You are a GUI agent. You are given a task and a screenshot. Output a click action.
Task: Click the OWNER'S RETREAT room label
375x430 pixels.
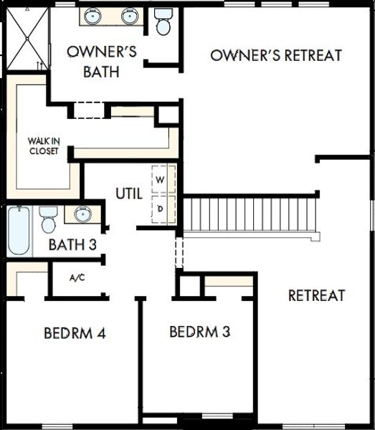[276, 55]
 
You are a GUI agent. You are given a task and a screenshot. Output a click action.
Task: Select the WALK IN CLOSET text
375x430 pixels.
[44, 145]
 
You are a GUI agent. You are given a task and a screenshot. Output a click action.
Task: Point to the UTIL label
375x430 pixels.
[129, 193]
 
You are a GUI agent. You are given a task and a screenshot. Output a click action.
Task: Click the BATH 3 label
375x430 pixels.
[73, 244]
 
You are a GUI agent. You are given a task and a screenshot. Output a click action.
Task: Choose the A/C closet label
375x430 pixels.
[77, 277]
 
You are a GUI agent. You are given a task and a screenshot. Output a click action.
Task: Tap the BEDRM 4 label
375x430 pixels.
[75, 333]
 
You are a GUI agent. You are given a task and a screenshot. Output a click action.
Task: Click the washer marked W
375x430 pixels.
[161, 179]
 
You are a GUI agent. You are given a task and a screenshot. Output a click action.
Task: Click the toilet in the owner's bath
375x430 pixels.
[163, 23]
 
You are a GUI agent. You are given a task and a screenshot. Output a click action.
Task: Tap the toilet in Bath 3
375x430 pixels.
[49, 219]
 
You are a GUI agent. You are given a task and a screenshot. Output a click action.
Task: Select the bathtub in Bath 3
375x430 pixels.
[19, 231]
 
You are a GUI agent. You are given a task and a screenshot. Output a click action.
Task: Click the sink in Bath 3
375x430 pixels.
[81, 214]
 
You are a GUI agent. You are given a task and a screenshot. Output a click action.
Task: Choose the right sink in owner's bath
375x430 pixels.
[129, 16]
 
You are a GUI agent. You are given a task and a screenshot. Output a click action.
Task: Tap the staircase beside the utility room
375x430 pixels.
[250, 214]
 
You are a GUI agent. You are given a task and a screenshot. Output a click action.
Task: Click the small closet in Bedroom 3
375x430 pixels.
[189, 285]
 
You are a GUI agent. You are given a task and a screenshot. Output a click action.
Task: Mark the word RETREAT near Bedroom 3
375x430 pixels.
[316, 295]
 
